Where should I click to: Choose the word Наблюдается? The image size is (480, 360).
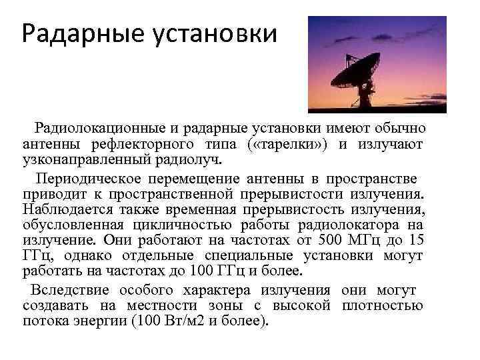(63, 210)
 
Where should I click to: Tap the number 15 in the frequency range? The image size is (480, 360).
(416, 241)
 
